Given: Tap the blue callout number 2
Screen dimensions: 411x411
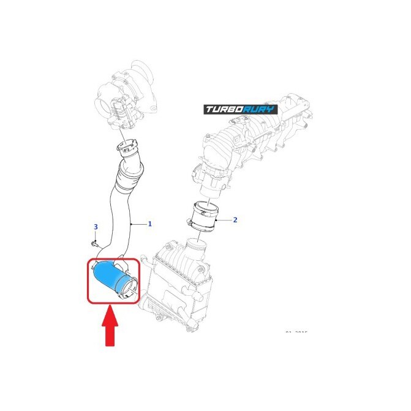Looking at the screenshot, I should click(235, 219).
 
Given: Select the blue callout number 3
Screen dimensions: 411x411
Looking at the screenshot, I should click(96, 227).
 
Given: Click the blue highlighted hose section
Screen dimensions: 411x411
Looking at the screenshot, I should click(109, 275).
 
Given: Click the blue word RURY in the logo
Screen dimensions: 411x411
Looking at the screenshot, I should click(260, 110).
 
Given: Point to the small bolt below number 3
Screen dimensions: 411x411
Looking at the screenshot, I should click(94, 243).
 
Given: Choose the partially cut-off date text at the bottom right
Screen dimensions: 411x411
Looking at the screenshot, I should click(296, 333).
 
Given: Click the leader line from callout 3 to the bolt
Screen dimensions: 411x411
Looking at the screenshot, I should click(95, 236).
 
